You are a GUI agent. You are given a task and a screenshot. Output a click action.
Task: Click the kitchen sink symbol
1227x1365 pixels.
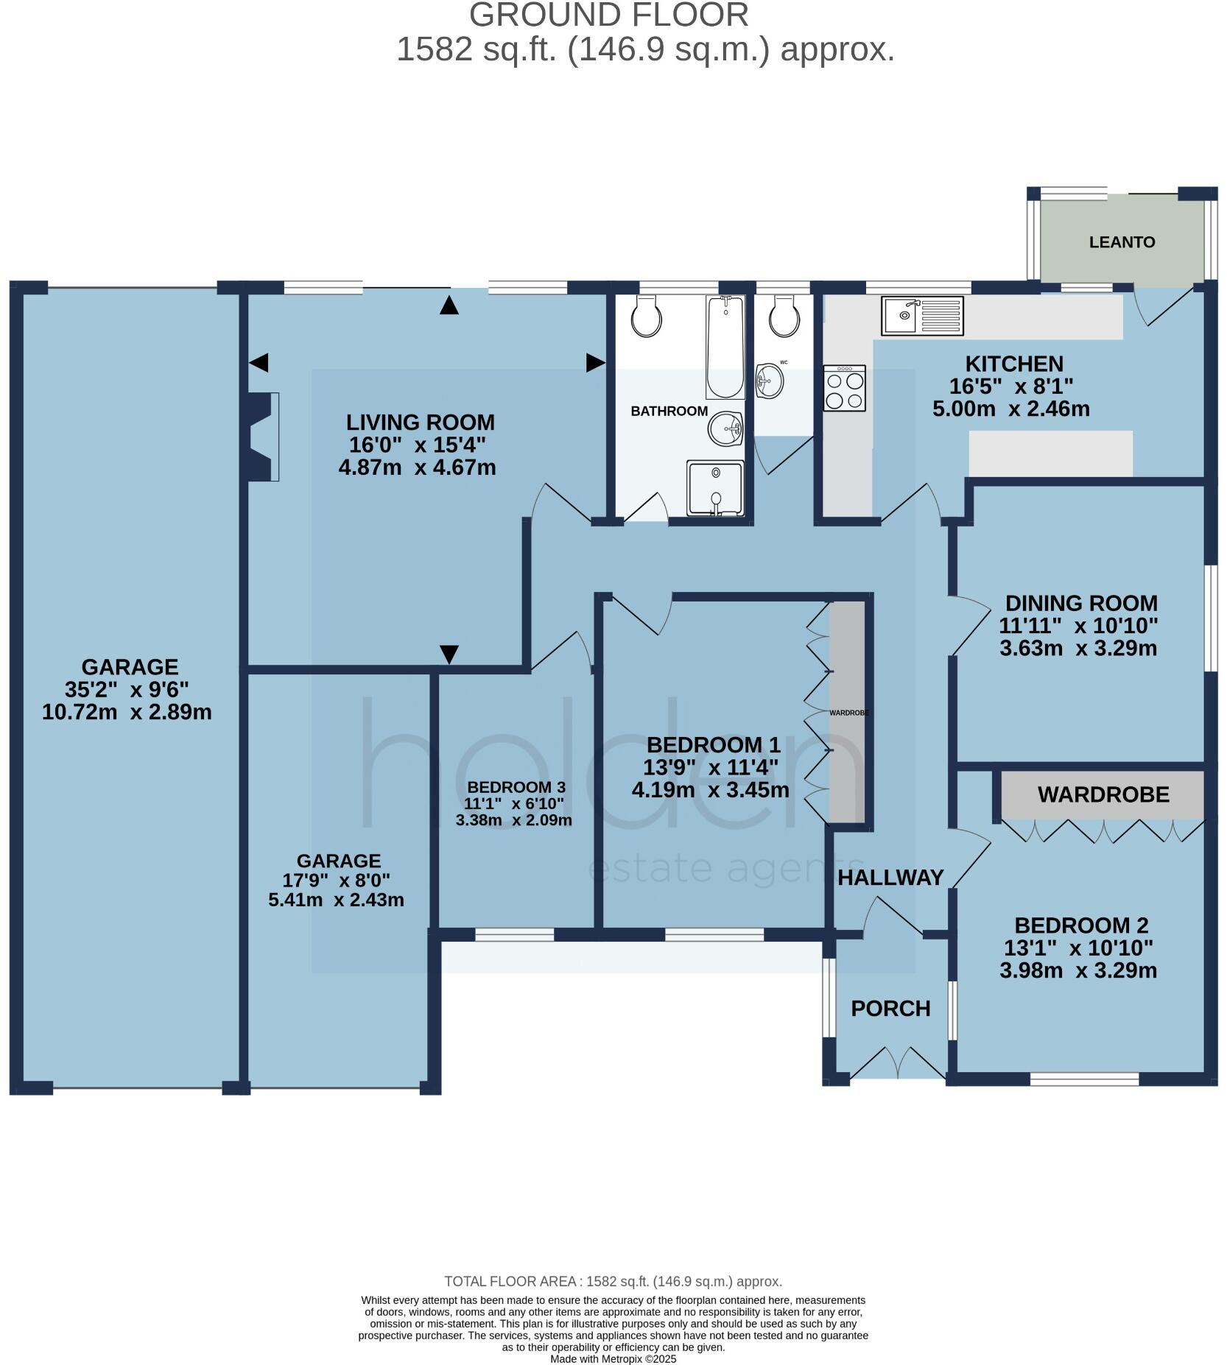point(921,315)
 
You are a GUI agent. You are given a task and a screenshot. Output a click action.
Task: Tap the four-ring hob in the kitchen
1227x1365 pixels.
point(844,388)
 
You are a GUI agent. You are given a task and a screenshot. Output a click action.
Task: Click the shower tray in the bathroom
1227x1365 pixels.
point(714,488)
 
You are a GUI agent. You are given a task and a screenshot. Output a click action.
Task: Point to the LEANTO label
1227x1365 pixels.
point(1122,242)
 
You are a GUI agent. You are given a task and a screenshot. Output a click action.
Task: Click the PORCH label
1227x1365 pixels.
point(890,1008)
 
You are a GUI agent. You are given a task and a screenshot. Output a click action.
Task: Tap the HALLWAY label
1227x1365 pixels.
point(890,877)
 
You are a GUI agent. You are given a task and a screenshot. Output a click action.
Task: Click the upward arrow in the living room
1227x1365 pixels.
point(449,306)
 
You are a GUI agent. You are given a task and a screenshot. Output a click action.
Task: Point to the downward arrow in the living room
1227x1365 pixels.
point(449,654)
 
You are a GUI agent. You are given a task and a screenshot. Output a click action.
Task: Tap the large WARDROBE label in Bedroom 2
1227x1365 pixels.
point(1103,794)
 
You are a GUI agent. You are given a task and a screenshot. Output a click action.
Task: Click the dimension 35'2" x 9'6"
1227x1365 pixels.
point(127,690)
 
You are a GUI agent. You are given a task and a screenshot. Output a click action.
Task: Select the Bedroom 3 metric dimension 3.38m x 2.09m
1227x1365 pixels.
point(513,819)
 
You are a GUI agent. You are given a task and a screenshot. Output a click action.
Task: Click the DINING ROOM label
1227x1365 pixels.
point(1081,603)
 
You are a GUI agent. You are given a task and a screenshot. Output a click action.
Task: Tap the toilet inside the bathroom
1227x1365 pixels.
point(647,318)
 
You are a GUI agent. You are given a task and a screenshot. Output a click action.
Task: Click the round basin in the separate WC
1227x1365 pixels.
point(770,380)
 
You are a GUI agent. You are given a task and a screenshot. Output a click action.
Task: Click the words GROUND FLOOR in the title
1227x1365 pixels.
point(608,15)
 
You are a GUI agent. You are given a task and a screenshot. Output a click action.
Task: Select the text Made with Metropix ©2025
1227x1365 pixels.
point(613,1359)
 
